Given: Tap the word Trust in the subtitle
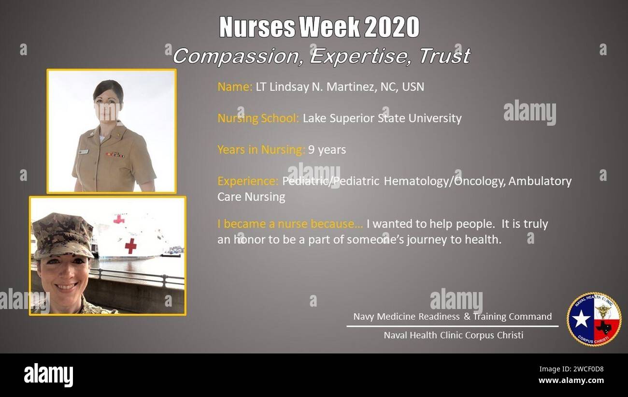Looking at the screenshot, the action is [x=444, y=56].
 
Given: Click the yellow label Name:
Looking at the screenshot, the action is [x=235, y=87].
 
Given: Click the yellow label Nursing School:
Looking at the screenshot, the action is [x=258, y=118].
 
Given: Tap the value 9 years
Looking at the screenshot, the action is [x=327, y=150].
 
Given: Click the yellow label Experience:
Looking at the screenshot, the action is [x=248, y=181].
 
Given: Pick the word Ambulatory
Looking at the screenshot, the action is [x=540, y=181].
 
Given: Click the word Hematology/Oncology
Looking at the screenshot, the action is [x=444, y=181].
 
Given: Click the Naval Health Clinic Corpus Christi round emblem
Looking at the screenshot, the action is [x=594, y=319].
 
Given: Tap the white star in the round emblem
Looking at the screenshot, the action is [x=581, y=319].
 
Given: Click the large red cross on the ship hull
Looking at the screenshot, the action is [x=130, y=246].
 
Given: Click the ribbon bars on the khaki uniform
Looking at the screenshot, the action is [x=115, y=155].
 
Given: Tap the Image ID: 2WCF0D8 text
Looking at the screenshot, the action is [x=571, y=369].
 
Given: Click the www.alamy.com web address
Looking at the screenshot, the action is [x=571, y=381].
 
